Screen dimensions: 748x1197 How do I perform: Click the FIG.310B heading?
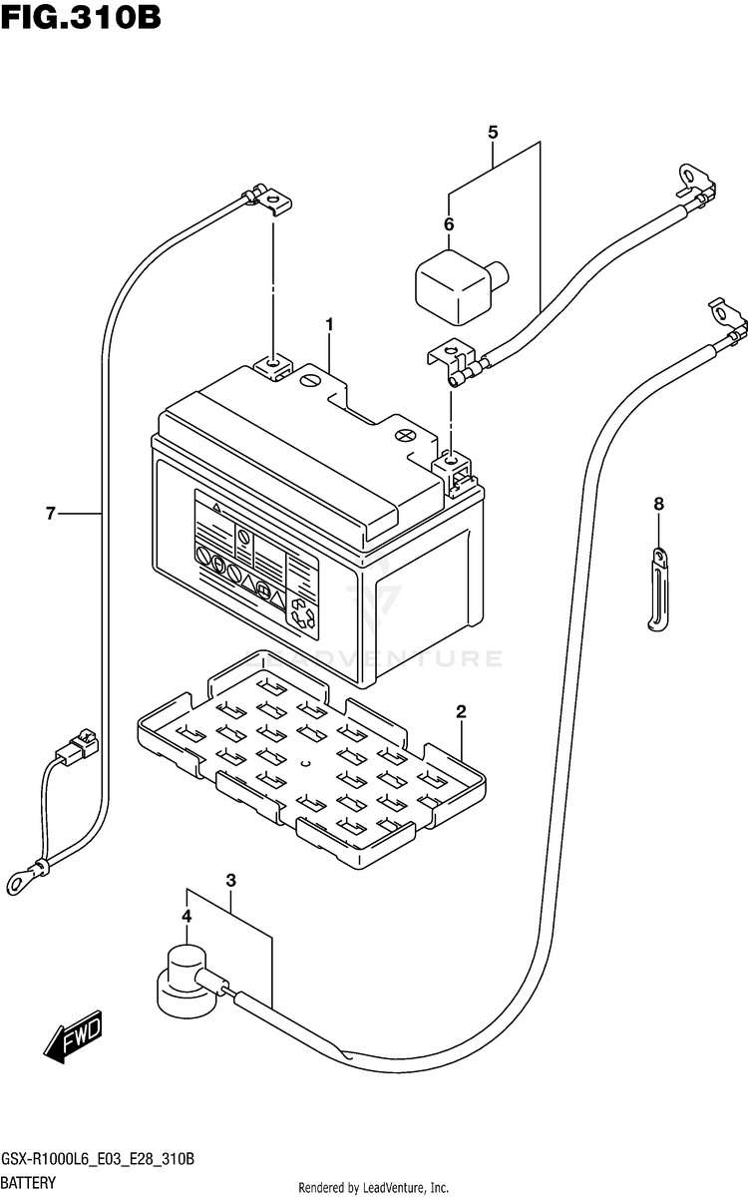(x=81, y=17)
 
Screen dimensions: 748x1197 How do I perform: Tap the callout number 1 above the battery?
(x=330, y=324)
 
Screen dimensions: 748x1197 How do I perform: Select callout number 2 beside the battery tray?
(x=461, y=711)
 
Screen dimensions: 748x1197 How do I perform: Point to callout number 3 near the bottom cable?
(x=230, y=880)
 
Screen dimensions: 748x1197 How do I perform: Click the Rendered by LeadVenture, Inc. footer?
(x=373, y=1187)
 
